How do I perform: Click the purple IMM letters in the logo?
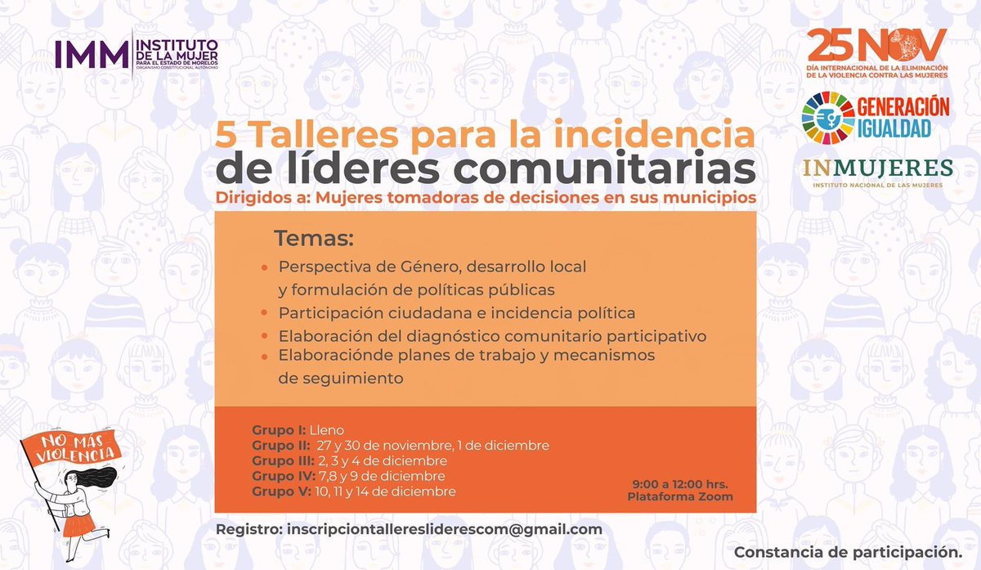(x=91, y=54)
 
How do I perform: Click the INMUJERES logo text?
(x=877, y=168)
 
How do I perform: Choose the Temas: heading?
(x=313, y=239)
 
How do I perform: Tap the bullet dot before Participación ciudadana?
(x=264, y=314)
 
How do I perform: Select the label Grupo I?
(x=278, y=429)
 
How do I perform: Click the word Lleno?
(x=327, y=429)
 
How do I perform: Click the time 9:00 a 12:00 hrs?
(x=680, y=483)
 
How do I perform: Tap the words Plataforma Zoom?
(x=680, y=496)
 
